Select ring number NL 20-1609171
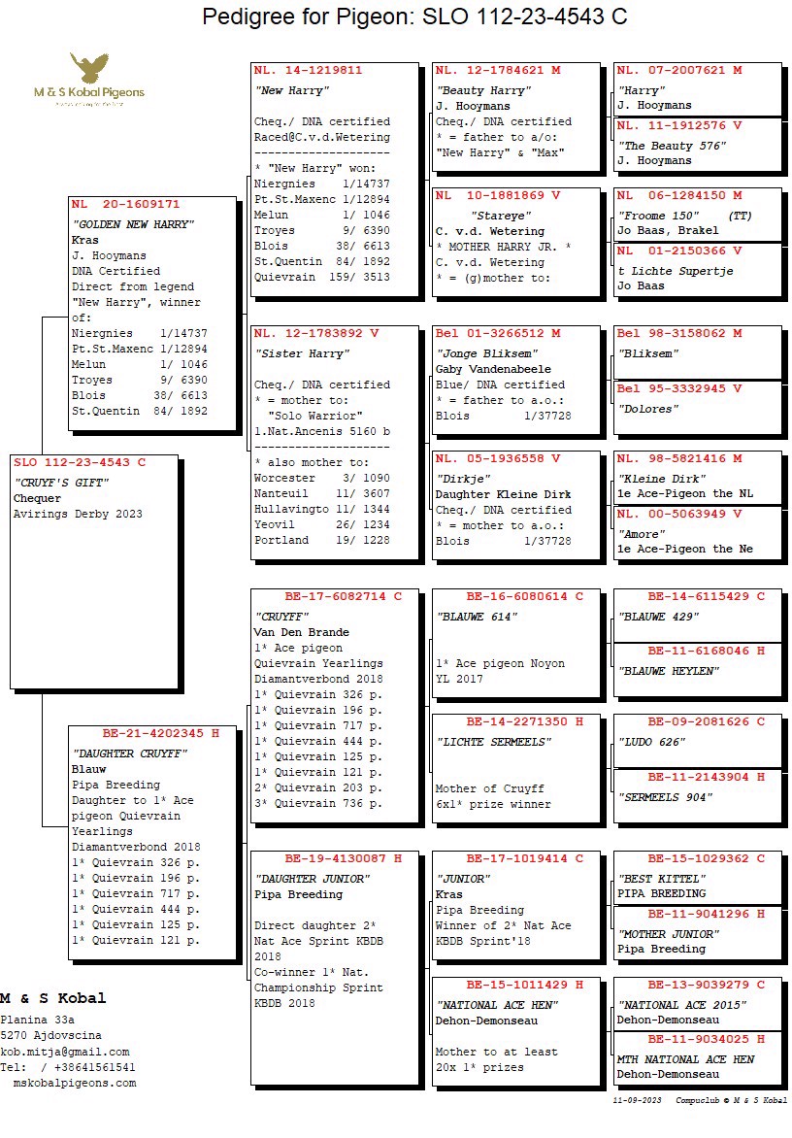coord(125,205)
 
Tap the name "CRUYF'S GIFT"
coord(59,483)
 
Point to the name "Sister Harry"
coord(288,353)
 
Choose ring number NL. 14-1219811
coord(308,71)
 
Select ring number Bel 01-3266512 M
coord(497,334)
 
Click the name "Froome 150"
coord(658,216)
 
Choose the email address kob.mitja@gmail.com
coord(65,1052)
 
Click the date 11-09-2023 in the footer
coord(638,1100)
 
